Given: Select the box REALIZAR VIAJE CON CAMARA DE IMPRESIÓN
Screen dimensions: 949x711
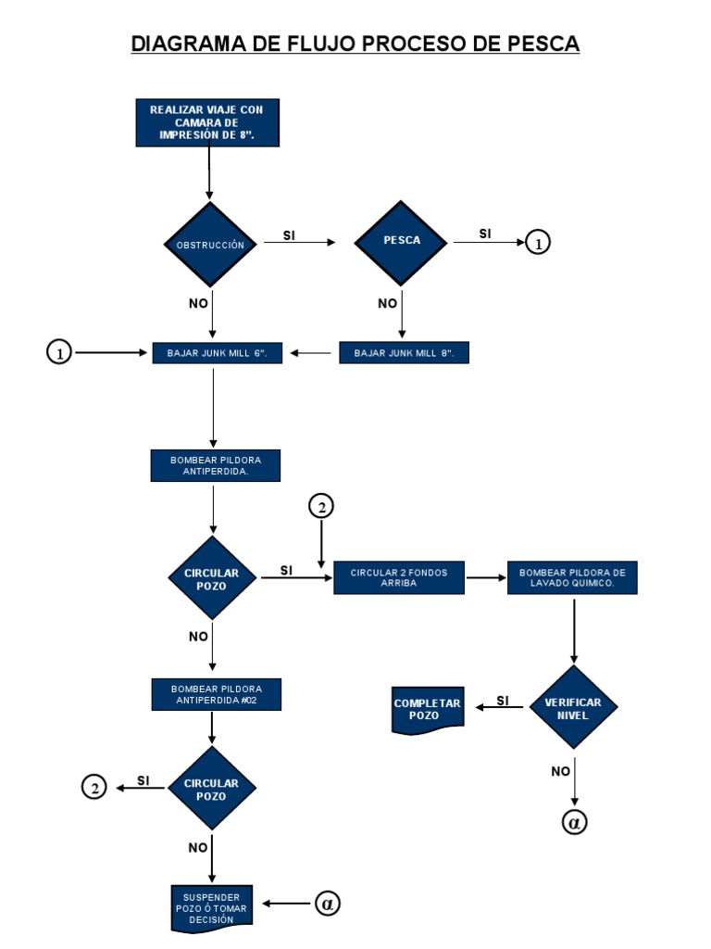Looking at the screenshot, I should coord(206,122).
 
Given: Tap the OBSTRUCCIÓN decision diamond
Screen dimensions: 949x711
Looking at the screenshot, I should coord(210,245).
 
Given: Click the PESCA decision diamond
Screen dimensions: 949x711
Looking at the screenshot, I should coord(402,240).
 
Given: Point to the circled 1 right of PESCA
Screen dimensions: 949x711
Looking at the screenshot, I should coord(538,243).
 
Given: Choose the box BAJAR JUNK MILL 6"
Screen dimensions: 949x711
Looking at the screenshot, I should coord(216,353).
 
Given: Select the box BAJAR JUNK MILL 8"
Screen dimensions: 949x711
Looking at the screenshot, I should coord(404,353).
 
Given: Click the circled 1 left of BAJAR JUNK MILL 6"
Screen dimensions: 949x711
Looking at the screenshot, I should coord(58,353).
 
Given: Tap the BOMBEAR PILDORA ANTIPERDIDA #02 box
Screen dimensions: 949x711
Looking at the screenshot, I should coord(216,694).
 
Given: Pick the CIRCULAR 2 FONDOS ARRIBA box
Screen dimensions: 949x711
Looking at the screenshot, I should coord(398,578).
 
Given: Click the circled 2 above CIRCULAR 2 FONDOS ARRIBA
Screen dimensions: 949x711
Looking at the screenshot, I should coord(320,506).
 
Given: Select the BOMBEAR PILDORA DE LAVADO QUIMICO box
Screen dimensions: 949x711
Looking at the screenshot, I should coord(572,578).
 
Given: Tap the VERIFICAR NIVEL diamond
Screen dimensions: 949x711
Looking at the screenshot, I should coord(573,708).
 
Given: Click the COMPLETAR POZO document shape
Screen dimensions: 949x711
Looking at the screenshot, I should coord(427,710).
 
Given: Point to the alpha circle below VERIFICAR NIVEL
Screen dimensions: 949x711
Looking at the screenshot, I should coord(574,822).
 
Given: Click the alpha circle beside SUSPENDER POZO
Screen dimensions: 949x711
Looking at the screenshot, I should coord(327,903).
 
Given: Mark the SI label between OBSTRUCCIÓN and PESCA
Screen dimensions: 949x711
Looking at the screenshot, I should coord(289,235).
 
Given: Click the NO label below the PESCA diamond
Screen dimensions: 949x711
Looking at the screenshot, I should coord(387,303).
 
